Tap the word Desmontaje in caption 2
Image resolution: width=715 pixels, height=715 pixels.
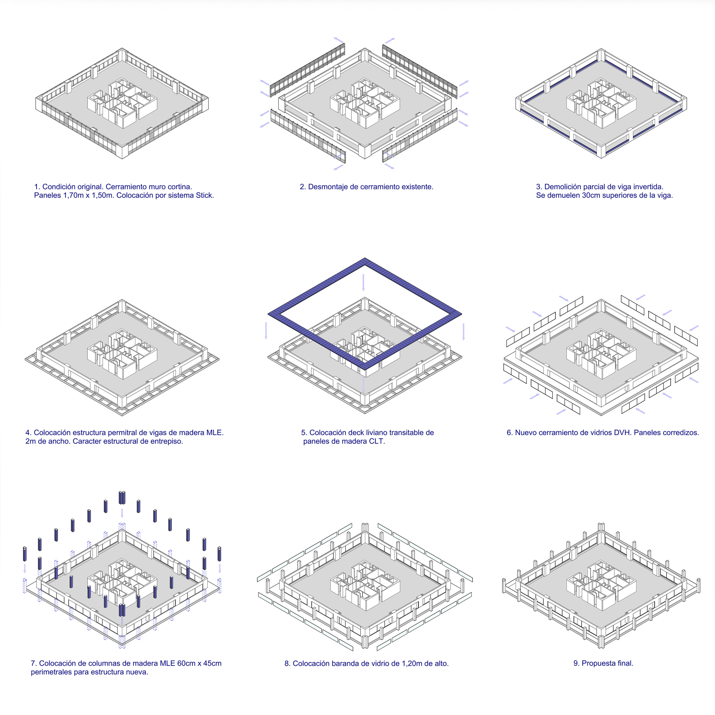point(327,187)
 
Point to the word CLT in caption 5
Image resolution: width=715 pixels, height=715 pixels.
point(377,442)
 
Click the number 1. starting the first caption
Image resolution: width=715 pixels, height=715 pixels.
point(37,187)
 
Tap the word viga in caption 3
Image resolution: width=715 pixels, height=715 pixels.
point(626,187)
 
